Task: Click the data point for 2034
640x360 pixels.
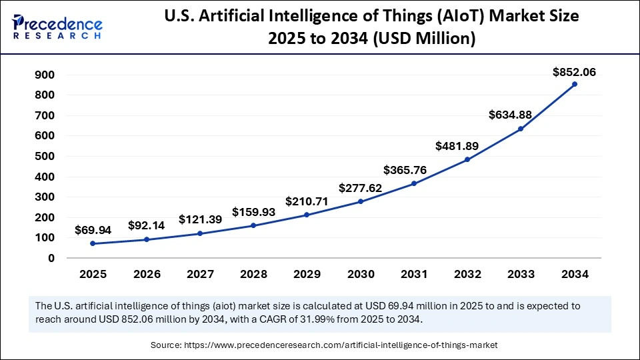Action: (x=575, y=84)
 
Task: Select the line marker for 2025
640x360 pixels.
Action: (x=93, y=244)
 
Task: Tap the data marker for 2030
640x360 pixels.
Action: (x=361, y=201)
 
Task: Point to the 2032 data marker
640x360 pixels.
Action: (x=467, y=160)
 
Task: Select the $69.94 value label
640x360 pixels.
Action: (x=93, y=229)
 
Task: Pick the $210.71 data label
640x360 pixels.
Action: (x=307, y=201)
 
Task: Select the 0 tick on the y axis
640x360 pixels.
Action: (x=51, y=258)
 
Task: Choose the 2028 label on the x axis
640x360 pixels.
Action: (x=253, y=273)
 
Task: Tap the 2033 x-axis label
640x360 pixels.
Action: (x=521, y=273)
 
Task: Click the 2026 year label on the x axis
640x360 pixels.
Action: (x=146, y=273)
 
